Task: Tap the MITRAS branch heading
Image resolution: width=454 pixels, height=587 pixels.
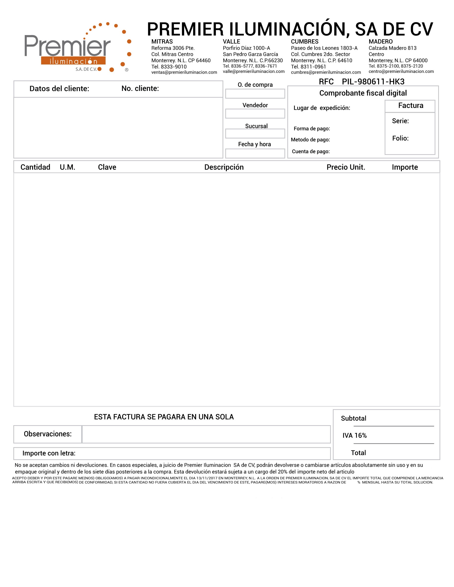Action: coord(162,42)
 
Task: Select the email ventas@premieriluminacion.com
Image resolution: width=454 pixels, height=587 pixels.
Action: coord(184,72)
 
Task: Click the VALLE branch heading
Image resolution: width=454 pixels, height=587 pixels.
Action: coord(231,42)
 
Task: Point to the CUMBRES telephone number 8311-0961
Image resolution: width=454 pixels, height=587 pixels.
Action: coord(313,67)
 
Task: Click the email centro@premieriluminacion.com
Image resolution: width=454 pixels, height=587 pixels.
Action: coord(401,71)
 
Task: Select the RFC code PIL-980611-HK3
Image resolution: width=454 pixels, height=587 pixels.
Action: coord(373,82)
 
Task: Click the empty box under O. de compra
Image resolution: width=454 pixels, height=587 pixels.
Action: coord(255,94)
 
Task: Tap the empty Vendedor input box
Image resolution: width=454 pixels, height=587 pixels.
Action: coord(255,114)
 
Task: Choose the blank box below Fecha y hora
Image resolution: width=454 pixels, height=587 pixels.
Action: coord(255,153)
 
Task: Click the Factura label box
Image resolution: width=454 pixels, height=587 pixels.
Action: coord(410,106)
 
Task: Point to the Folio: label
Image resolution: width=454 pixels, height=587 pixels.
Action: coord(400,138)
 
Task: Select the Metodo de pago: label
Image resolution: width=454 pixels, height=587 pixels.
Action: coord(310,140)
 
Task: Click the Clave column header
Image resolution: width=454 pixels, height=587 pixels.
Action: coord(107,167)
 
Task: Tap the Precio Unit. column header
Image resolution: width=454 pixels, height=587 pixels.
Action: coord(346,167)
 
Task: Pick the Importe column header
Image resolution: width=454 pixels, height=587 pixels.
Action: coord(405,167)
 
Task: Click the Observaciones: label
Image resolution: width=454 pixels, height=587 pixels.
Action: coord(48,434)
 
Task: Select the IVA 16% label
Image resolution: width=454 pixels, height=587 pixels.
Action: coord(355,435)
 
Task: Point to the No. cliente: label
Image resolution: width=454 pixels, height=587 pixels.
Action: coord(140,88)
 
